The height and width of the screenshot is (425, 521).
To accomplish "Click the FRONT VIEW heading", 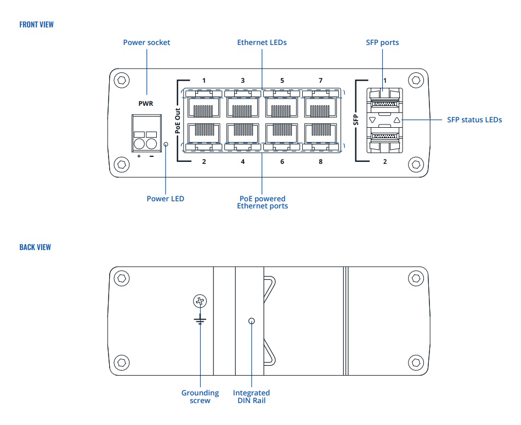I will (36, 25).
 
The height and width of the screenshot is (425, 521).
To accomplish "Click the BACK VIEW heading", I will (35, 247).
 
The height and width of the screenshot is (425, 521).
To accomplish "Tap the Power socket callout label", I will (146, 42).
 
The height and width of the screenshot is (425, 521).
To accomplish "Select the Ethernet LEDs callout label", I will (262, 42).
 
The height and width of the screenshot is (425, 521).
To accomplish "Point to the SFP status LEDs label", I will (474, 120).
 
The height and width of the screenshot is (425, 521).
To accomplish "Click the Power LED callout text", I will (165, 199).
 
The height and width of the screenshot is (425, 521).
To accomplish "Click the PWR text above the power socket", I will (146, 103).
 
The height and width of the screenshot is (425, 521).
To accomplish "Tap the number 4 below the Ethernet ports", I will (243, 162).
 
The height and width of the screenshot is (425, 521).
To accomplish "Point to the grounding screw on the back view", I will (200, 301).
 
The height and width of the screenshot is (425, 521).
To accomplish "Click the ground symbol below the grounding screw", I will (200, 319).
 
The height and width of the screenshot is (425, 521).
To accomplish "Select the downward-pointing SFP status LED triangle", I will (372, 120).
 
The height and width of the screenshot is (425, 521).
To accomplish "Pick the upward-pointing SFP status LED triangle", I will (397, 120).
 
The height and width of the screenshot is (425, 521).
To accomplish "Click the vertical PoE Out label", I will (178, 121).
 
